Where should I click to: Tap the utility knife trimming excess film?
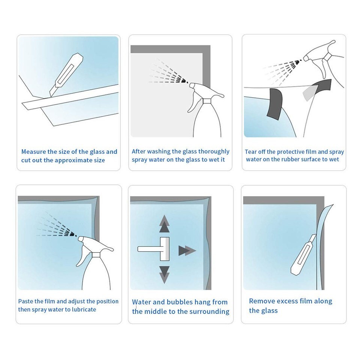[303, 255]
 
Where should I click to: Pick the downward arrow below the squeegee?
[164, 275]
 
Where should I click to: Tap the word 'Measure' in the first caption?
[33, 152]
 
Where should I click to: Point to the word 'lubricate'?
[84, 309]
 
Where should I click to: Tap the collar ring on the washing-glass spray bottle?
[207, 101]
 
